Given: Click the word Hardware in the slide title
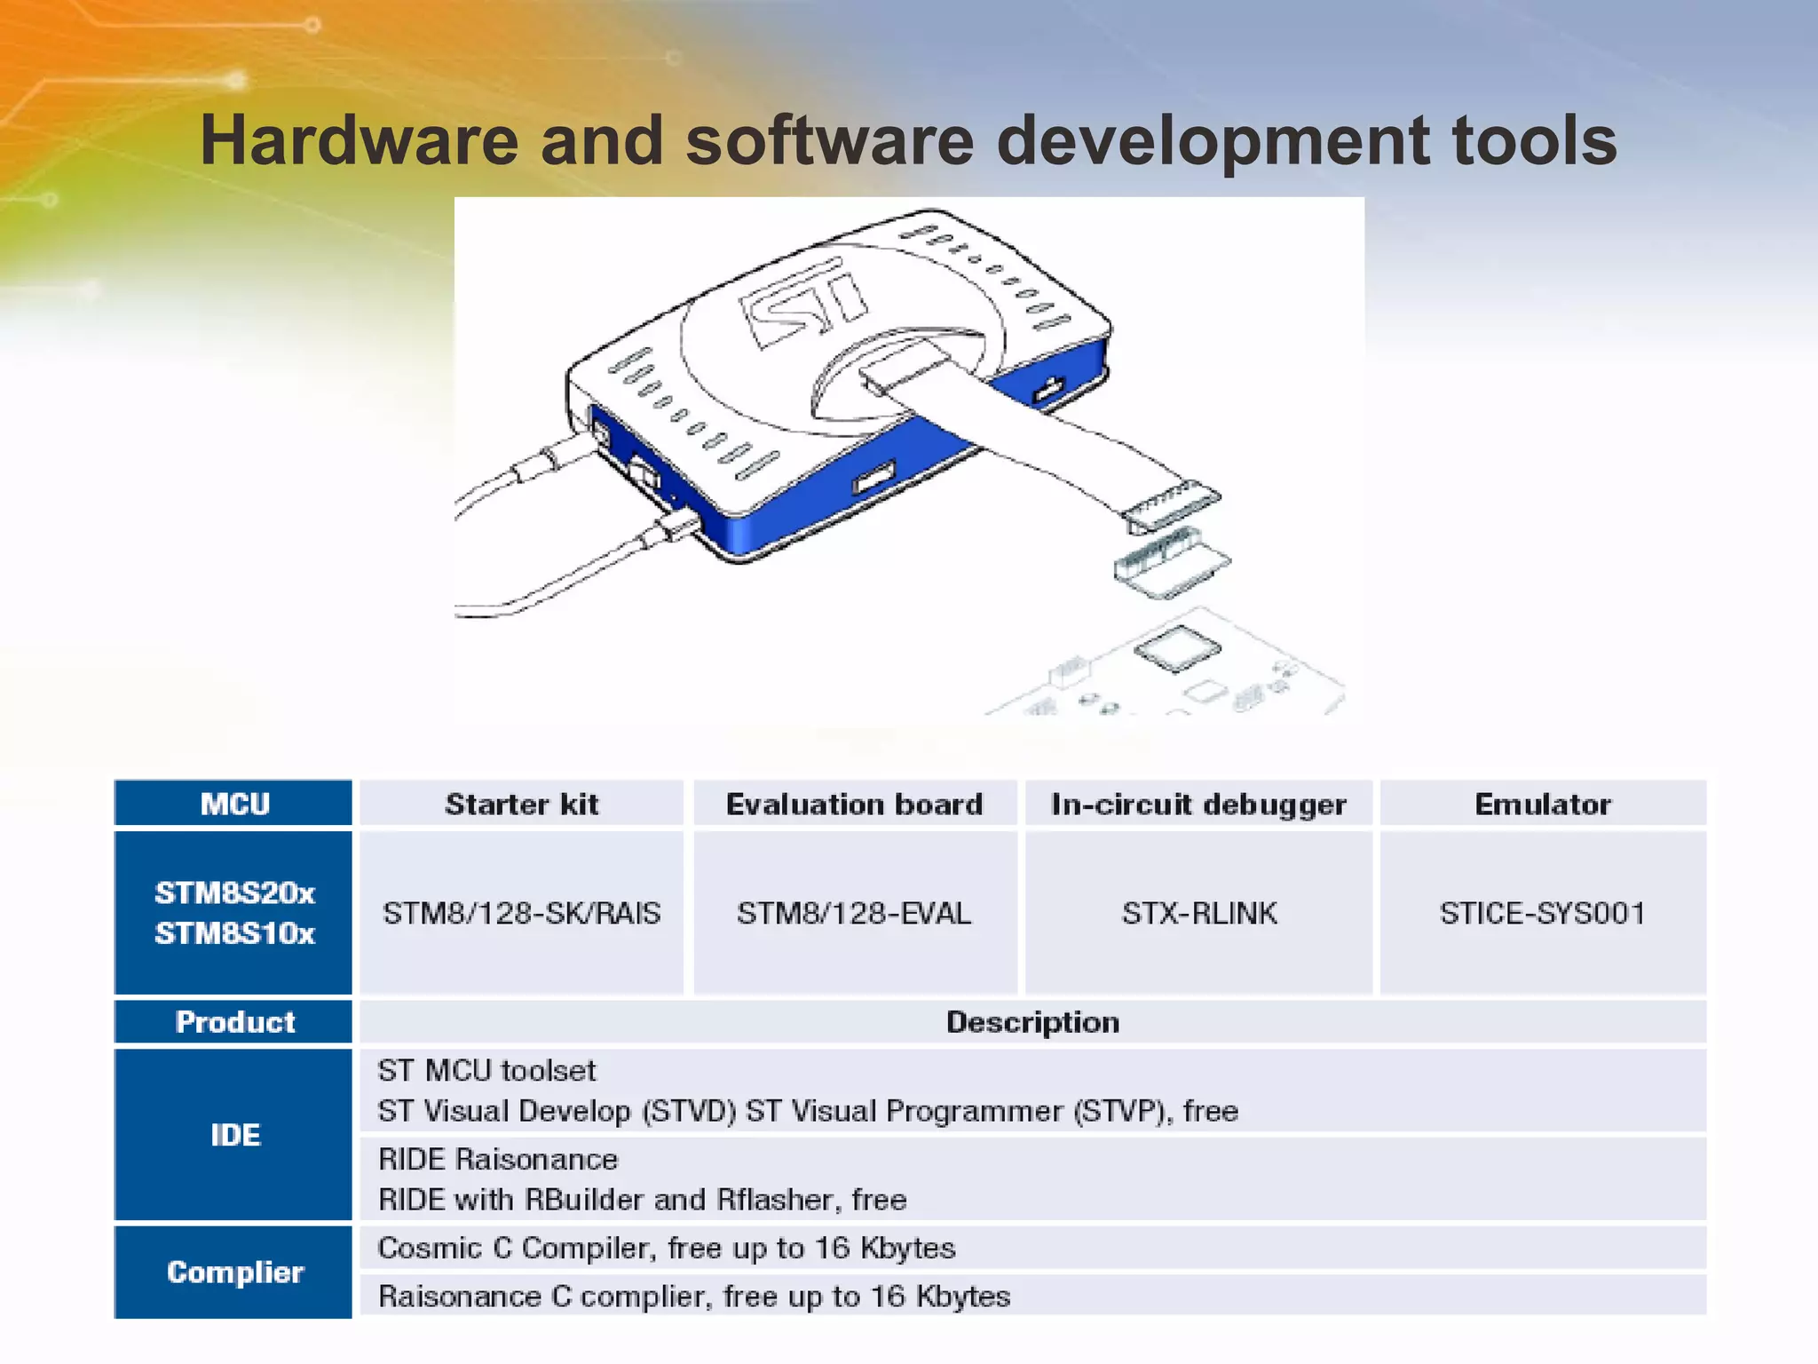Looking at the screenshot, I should point(357,140).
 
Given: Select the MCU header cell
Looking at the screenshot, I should point(234,804).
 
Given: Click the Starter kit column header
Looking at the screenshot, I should point(522,804).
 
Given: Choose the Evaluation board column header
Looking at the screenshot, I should point(854,804).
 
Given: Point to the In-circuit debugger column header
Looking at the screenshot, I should point(1198,804).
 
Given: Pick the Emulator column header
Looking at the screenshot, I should point(1543,804).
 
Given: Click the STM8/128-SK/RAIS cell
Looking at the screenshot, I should point(522,913).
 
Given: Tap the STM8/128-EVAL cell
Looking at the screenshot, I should point(854,913).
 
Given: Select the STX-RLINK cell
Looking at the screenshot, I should point(1199,913).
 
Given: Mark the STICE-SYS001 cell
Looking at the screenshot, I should point(1543,913).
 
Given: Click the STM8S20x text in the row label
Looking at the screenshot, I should point(234,892).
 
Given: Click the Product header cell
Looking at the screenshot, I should point(234,1022).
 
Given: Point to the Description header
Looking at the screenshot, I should point(1032,1022).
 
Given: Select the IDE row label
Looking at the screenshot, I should point(234,1135).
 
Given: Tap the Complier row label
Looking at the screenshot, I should point(234,1272).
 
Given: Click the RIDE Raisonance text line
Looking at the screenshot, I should point(498,1159).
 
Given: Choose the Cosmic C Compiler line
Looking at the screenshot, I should point(667,1248).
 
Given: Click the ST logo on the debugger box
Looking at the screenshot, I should point(803,302).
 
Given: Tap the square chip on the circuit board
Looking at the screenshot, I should point(1177,647).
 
